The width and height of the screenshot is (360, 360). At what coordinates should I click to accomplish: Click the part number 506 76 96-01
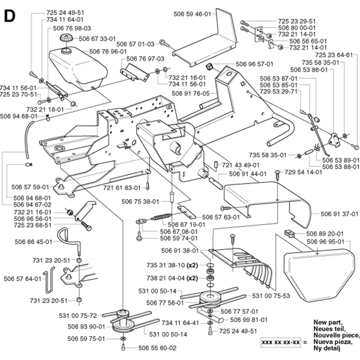108,51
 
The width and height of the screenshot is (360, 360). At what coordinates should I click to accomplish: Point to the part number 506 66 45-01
33,242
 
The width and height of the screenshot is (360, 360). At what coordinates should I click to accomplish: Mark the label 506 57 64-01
22,278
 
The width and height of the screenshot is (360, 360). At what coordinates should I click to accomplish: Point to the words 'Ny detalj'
328,348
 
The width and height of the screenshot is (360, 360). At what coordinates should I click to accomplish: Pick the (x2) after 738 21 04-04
192,278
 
